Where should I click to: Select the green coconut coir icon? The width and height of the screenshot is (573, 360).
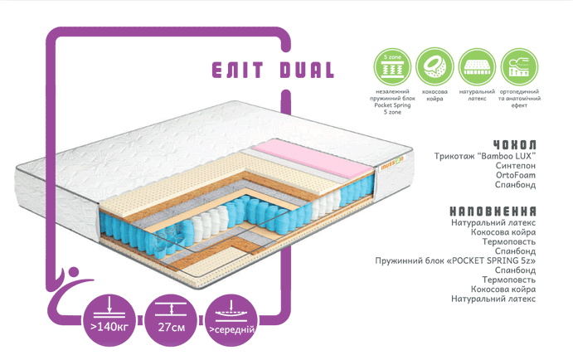coord(432,64)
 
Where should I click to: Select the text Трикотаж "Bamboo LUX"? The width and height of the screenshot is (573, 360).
coord(485,156)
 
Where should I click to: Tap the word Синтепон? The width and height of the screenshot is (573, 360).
coord(515,166)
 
